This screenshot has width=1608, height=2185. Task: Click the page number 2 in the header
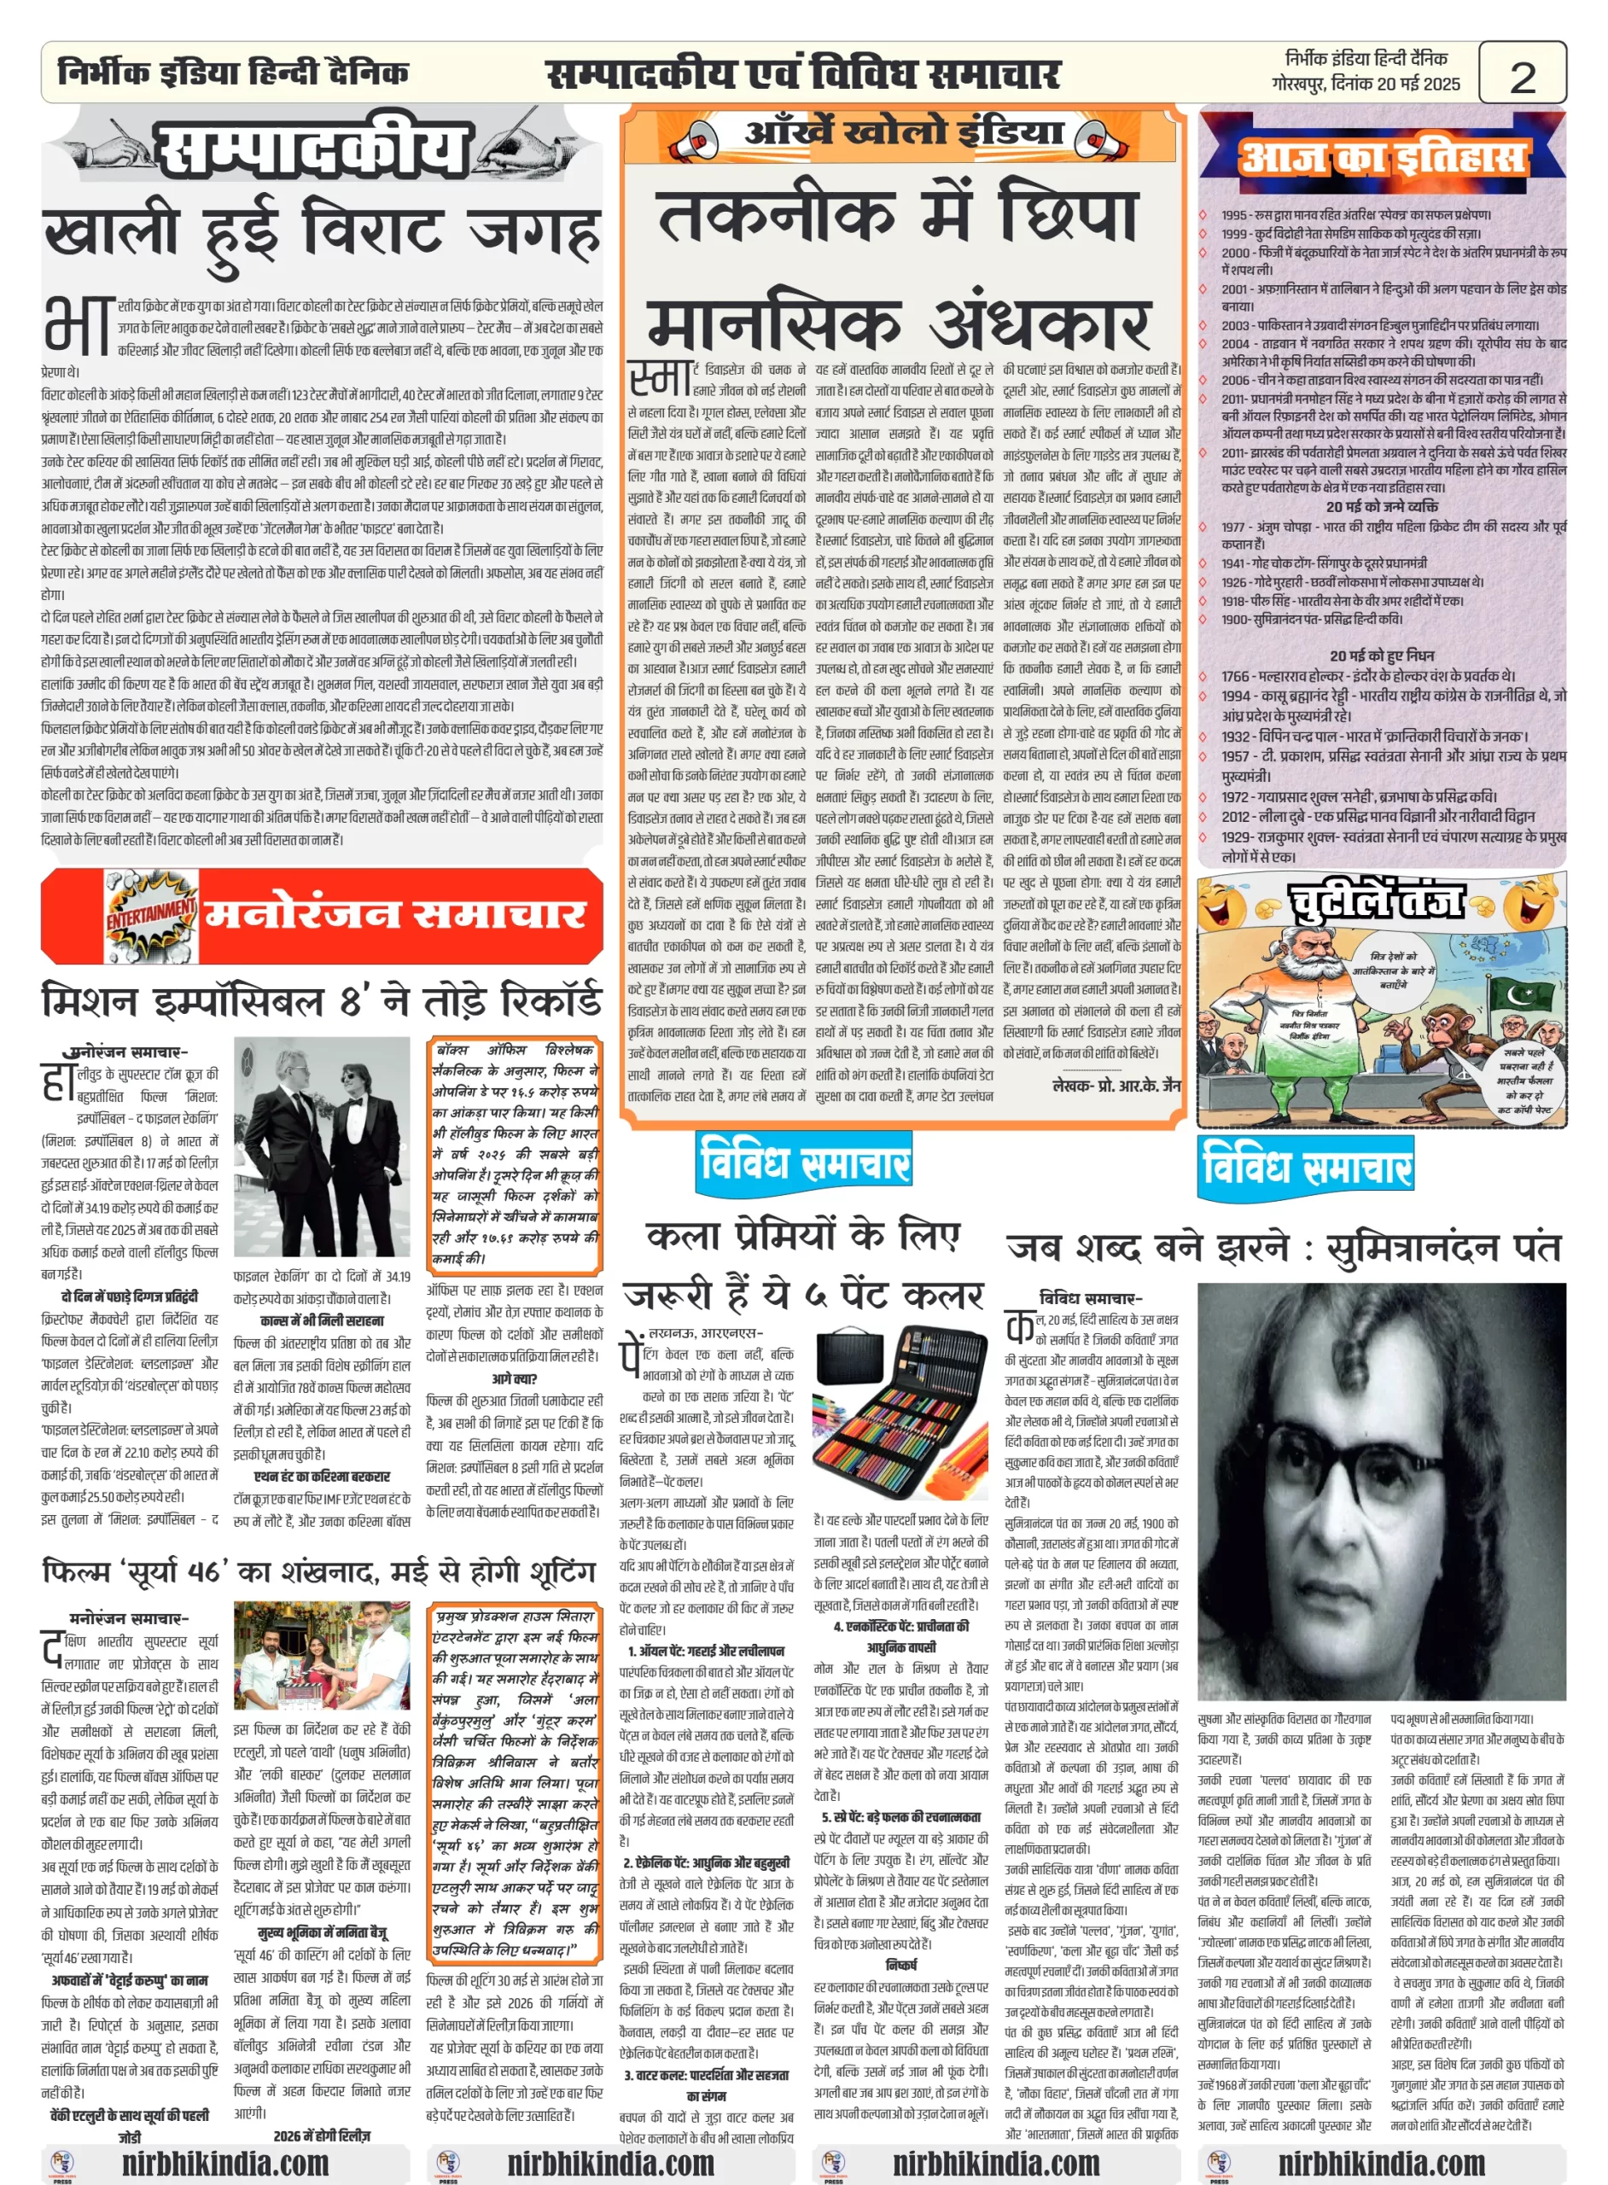point(1522,76)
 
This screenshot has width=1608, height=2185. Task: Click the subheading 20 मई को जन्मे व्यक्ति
point(1381,506)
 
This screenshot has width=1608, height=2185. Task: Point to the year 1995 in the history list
point(1234,215)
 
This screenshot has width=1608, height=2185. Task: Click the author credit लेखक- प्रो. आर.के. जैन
point(1116,1084)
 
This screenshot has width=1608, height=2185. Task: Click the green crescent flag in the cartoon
point(1524,993)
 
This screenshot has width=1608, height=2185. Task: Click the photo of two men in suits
point(322,1147)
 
